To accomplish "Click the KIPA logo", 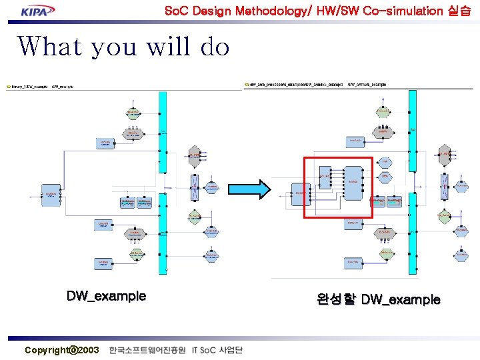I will (38, 11).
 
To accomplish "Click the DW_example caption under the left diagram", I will (106, 296).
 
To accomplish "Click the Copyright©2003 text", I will (61, 350).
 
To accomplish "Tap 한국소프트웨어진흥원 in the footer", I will (147, 350).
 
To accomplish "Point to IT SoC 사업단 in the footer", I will (217, 350).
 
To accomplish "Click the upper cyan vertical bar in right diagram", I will (413, 140).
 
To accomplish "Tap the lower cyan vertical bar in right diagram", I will (413, 233).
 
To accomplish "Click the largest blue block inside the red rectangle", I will (353, 181).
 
